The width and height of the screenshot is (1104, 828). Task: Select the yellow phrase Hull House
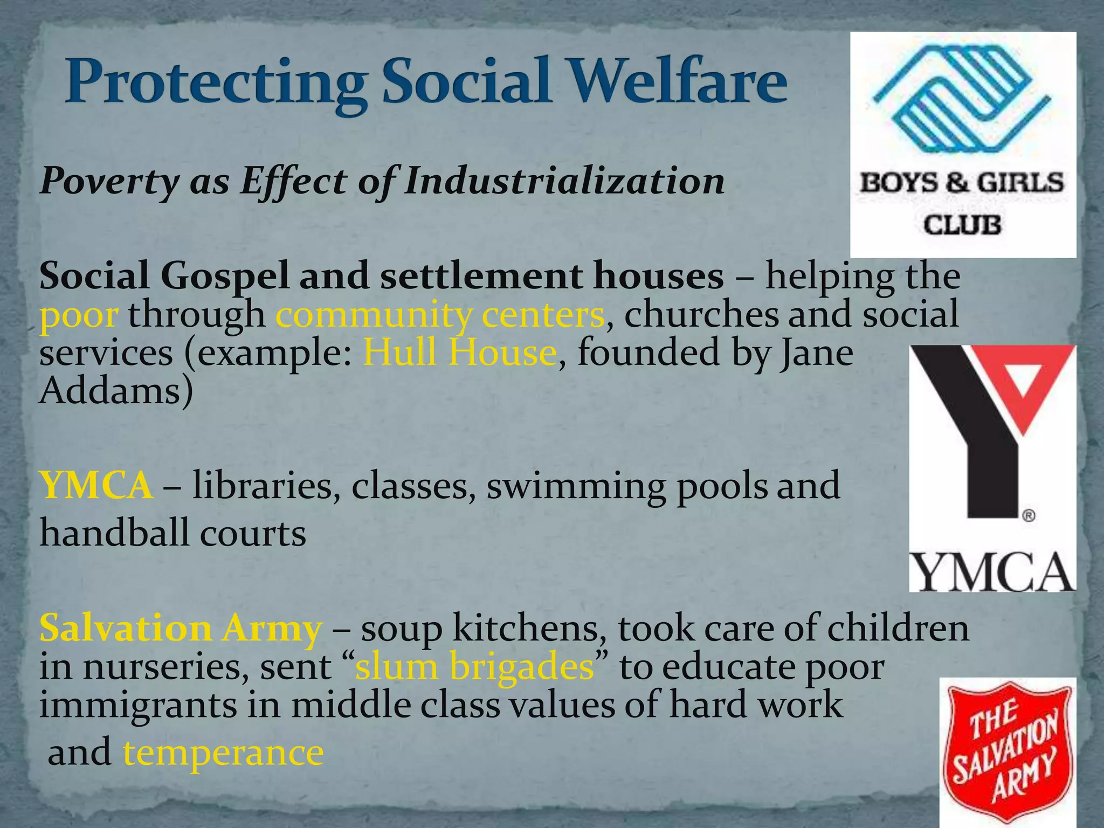[460, 353]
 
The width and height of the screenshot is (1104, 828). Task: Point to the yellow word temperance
[223, 753]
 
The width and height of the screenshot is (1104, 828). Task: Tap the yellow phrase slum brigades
[474, 667]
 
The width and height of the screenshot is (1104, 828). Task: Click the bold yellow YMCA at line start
[96, 485]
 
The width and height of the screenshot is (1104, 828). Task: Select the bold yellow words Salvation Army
[181, 629]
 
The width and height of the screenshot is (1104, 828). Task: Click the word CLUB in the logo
[963, 224]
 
